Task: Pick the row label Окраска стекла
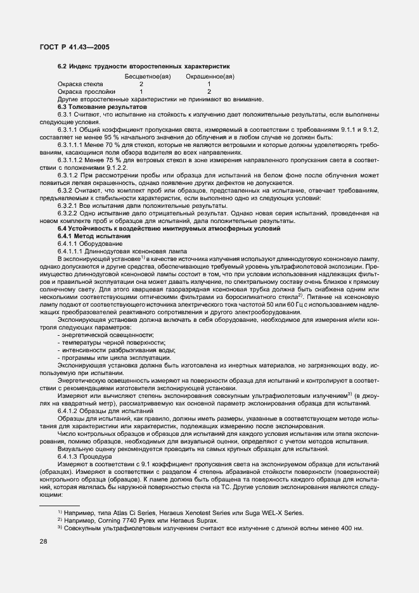point(81,84)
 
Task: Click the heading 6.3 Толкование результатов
point(102,107)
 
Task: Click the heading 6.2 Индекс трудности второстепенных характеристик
point(143,66)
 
